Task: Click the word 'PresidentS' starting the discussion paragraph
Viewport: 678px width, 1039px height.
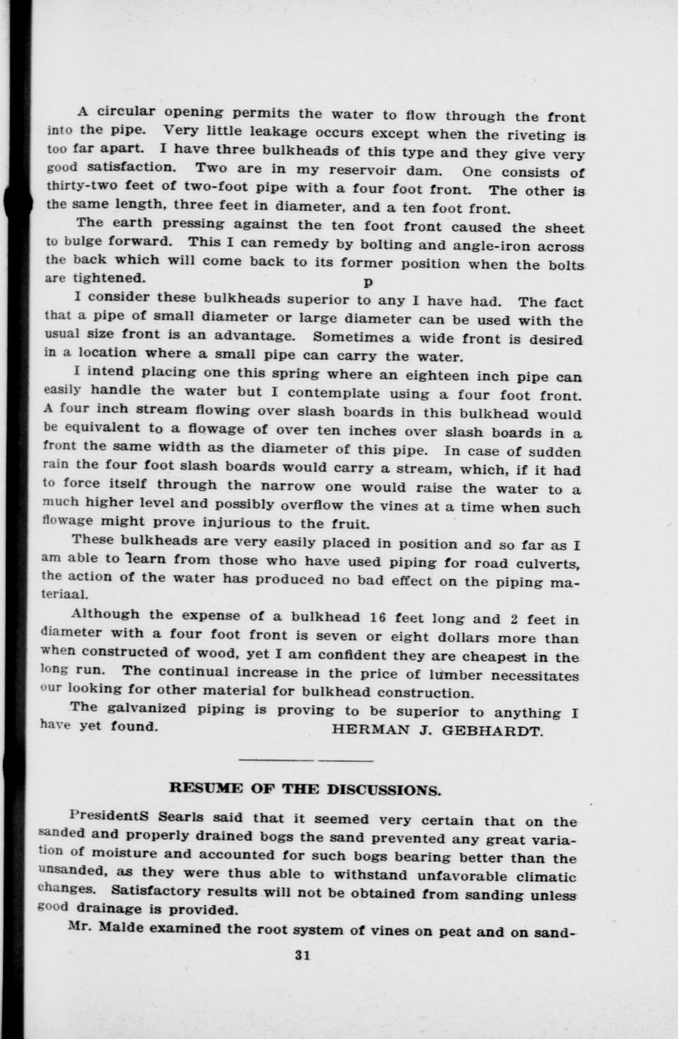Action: (x=105, y=816)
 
